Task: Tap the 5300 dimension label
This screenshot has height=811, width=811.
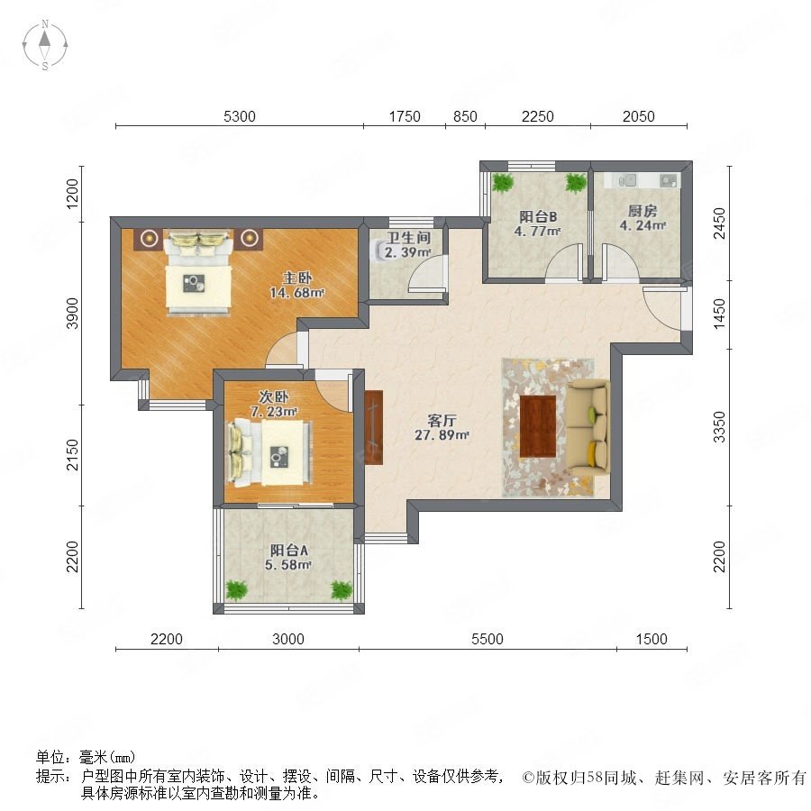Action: [240, 116]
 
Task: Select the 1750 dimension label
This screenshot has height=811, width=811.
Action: [405, 116]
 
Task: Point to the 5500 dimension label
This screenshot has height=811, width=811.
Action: [488, 639]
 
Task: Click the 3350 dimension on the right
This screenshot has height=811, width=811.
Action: [719, 427]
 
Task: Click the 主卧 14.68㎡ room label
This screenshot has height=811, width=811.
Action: [296, 285]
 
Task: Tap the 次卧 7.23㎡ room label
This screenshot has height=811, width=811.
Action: [274, 404]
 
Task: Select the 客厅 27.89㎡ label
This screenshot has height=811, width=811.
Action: [442, 427]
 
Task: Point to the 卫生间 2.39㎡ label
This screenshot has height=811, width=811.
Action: [408, 245]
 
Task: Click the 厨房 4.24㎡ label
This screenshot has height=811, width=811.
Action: [642, 218]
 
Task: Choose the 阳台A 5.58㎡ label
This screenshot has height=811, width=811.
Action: [288, 557]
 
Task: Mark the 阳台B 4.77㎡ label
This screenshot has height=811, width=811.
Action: [538, 223]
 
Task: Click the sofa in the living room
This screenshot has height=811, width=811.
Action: [588, 427]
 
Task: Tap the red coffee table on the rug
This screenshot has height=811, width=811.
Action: [538, 426]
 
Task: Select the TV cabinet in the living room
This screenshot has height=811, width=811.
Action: [373, 427]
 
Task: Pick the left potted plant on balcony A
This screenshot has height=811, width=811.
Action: [236, 590]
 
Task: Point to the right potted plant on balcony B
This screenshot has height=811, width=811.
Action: [576, 182]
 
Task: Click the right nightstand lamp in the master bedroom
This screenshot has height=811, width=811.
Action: [250, 238]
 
